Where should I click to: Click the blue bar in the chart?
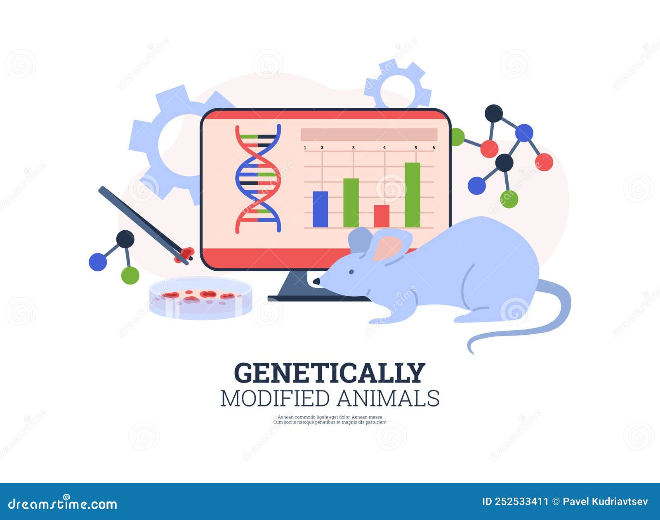click(320, 209)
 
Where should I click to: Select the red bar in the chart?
click(382, 216)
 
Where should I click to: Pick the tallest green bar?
click(412, 195)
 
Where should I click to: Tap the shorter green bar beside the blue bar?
click(351, 203)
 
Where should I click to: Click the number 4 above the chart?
click(384, 147)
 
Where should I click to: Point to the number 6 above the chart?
click(434, 148)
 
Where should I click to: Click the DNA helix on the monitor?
click(258, 179)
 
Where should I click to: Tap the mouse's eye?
click(351, 272)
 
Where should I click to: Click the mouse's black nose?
click(316, 281)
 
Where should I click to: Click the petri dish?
click(201, 298)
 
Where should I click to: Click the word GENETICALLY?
click(330, 373)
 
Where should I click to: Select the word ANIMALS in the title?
click(388, 399)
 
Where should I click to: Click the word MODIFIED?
click(275, 399)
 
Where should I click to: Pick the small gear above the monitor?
click(397, 85)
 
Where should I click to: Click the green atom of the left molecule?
click(130, 275)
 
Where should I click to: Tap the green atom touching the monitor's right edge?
click(457, 137)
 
